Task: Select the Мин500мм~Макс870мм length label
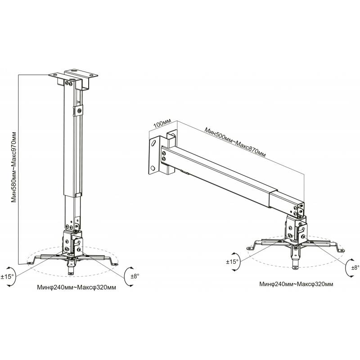coord(235,143)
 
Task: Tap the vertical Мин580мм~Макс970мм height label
coord(14,167)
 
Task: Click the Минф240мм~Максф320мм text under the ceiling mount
coord(76,287)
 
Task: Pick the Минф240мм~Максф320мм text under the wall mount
coord(296,284)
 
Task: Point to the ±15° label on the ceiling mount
coord(7,276)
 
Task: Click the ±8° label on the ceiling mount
coord(135,276)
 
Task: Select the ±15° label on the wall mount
coord(232,261)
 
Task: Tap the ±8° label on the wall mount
coord(355,267)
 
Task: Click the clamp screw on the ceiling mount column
coord(80,111)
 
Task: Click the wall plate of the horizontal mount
coord(154,155)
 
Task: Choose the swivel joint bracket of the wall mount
coord(296,229)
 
